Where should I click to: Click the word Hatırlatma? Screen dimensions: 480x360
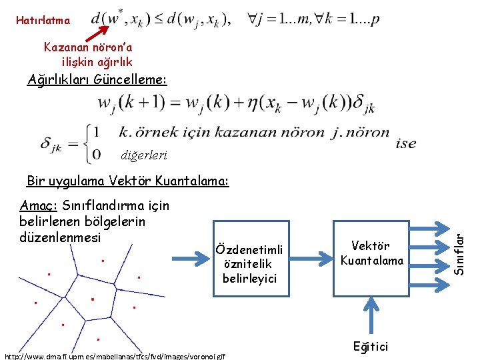[x=43, y=21]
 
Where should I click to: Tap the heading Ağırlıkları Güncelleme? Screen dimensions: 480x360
[x=97, y=81]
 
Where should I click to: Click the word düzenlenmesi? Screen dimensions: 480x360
[x=61, y=237]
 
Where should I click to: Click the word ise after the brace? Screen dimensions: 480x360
[x=405, y=143]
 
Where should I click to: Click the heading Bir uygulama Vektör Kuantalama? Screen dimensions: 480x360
[x=127, y=181]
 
